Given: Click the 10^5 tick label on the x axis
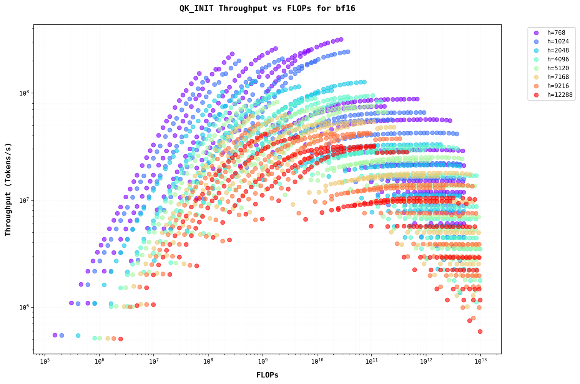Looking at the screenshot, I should point(45,362).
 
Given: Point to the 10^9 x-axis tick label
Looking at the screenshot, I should point(263,362).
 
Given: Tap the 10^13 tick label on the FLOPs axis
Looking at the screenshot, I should point(480,362).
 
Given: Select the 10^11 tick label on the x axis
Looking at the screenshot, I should point(371,362).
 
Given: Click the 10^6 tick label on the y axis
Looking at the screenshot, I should point(24,308).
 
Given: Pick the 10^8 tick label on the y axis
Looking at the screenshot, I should point(24,93).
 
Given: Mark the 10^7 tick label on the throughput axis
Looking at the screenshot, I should point(24,200).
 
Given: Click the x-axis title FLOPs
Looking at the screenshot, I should point(267,375).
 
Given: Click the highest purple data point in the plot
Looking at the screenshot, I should point(341,39).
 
